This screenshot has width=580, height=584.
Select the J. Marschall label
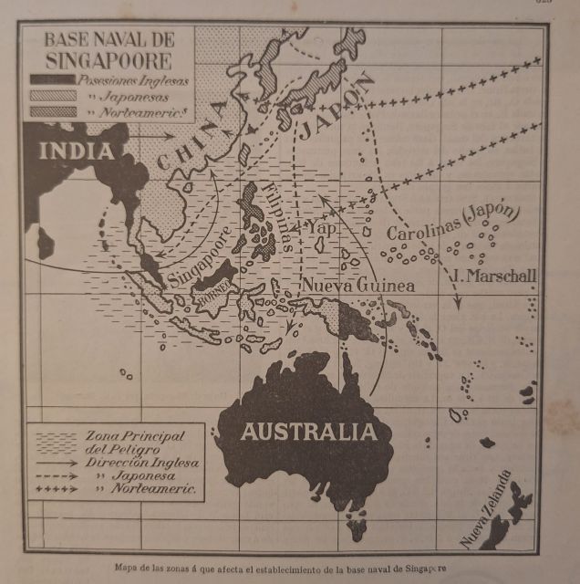pos(492,275)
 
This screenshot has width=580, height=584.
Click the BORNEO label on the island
pos(215,294)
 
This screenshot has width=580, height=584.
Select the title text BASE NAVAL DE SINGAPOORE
pos(108,51)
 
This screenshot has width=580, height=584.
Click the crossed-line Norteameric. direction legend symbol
pos(56,489)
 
